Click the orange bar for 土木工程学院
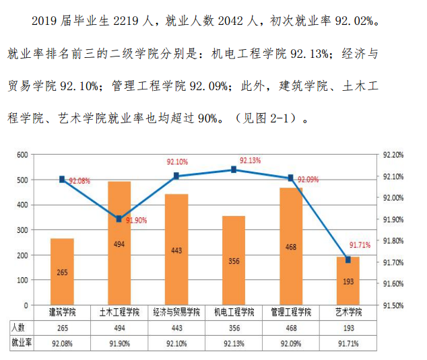point(119,243)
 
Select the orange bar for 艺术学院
point(348,281)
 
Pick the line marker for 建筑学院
point(62,179)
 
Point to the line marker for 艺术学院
point(348,260)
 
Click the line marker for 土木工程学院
point(119,219)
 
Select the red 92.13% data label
point(250,160)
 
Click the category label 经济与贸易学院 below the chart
point(176,313)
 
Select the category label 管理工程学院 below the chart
point(291,313)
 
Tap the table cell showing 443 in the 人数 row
point(176,328)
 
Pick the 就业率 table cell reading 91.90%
point(119,343)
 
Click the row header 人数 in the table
point(18,328)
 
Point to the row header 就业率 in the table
point(21,343)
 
